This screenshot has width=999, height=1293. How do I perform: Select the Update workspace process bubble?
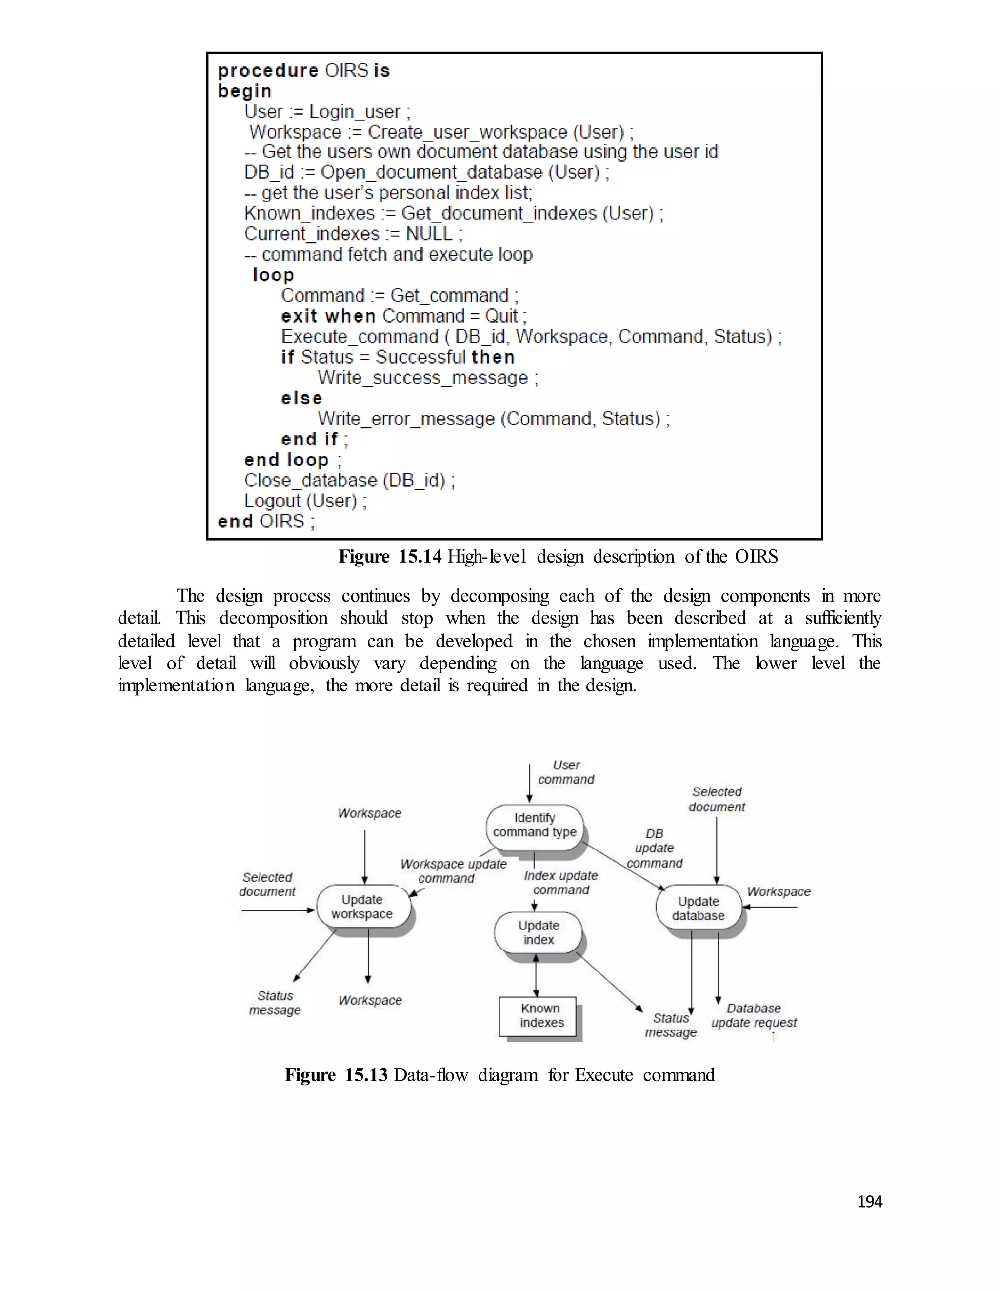click(362, 907)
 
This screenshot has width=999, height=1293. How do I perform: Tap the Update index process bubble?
click(538, 932)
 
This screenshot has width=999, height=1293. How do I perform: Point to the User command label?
click(566, 772)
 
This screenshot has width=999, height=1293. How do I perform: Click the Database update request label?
click(754, 1015)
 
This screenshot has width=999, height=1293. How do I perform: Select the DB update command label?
click(655, 849)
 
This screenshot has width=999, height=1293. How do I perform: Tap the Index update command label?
click(561, 883)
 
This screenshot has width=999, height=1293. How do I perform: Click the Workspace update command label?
click(453, 871)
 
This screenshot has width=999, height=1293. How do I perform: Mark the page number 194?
click(869, 1201)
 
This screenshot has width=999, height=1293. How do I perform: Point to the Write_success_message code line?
click(428, 378)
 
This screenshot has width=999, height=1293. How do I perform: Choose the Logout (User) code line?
click(305, 501)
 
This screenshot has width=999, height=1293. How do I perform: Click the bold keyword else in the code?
click(302, 399)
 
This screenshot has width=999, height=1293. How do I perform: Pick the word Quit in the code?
click(501, 316)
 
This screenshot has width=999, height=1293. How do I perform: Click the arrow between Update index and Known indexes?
click(536, 975)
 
